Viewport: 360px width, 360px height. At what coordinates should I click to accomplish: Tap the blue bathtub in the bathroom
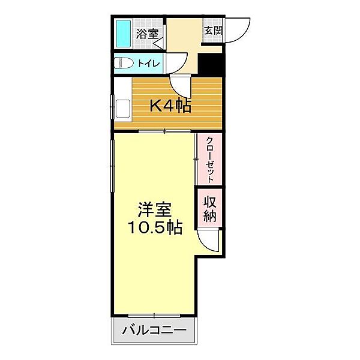click(x=124, y=34)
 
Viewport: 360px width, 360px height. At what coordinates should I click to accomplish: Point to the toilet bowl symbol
click(x=124, y=63)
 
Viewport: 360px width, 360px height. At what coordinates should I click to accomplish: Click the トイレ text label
click(x=149, y=63)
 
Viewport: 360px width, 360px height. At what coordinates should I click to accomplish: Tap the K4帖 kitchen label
click(x=170, y=106)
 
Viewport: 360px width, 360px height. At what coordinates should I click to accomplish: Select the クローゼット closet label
click(x=209, y=159)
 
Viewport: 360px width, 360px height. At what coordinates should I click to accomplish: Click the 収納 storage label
click(x=209, y=208)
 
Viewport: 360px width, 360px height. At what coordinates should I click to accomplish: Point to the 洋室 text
click(x=155, y=211)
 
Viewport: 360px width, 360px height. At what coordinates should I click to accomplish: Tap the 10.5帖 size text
click(x=154, y=227)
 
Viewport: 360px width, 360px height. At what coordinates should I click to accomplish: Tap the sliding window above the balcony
click(x=154, y=316)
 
